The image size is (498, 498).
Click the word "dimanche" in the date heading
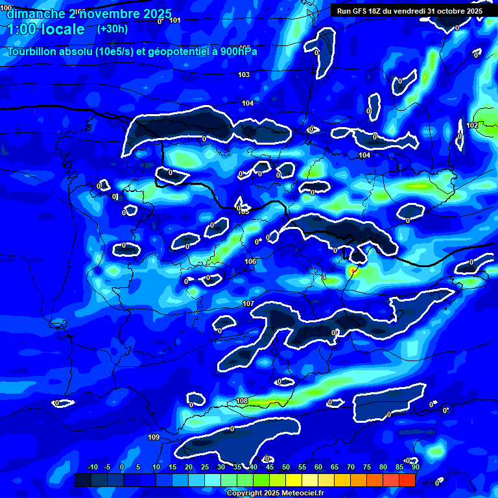click(x=36, y=14)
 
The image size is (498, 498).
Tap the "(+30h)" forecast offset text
click(x=113, y=29)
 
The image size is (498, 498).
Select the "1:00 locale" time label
click(x=46, y=29)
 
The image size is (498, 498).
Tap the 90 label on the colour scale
click(x=415, y=467)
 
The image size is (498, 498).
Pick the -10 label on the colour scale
click(x=92, y=467)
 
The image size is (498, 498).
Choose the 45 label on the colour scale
click(x=270, y=467)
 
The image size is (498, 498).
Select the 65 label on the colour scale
click(x=335, y=467)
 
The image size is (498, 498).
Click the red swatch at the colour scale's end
click(x=407, y=480)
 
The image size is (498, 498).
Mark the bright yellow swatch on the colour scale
click(x=293, y=480)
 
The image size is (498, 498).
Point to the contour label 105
click(x=244, y=211)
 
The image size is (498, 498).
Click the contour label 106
click(x=250, y=261)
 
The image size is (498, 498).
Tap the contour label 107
click(x=248, y=303)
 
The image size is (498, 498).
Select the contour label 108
click(x=242, y=401)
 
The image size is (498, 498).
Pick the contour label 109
click(x=154, y=438)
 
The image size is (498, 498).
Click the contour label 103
click(x=244, y=75)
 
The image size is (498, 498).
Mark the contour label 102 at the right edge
click(x=472, y=125)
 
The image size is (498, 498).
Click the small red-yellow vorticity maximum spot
click(x=353, y=269)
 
